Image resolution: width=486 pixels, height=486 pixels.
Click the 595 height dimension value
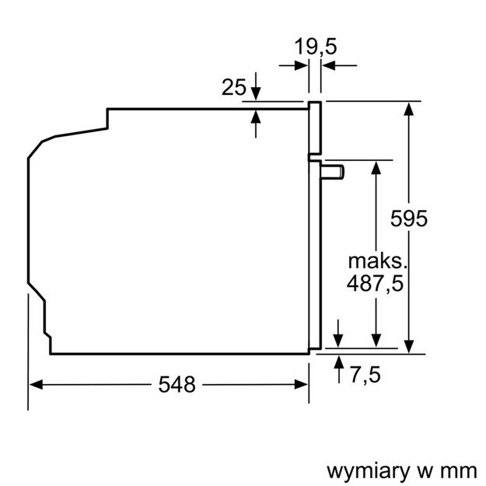[409, 219]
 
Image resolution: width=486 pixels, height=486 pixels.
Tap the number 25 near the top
[233, 88]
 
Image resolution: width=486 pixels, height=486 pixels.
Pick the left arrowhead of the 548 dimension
[35, 383]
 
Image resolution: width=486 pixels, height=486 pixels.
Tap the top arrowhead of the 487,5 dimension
[376, 166]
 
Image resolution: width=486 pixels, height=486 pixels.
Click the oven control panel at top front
[315, 128]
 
